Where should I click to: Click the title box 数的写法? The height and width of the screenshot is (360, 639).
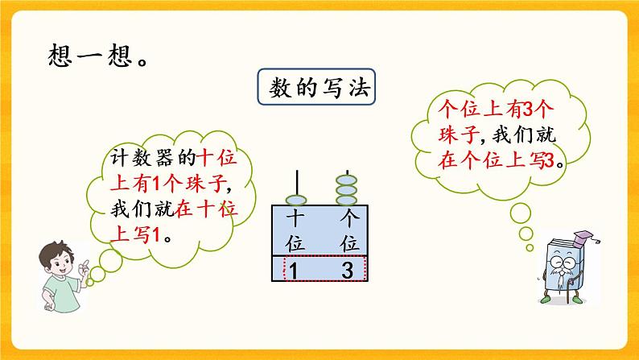click(319, 89)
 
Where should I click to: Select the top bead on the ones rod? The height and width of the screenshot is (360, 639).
click(348, 178)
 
